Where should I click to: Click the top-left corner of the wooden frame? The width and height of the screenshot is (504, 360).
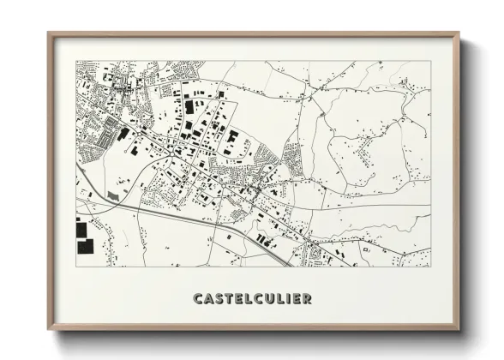[49, 34]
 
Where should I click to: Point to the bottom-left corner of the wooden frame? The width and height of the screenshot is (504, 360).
[49, 328]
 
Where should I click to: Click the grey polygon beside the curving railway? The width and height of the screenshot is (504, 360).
[113, 196]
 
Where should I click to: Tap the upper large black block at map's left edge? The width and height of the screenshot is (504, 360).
[81, 230]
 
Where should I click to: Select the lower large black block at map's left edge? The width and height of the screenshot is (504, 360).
[85, 247]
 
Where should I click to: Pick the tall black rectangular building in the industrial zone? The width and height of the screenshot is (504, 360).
[189, 108]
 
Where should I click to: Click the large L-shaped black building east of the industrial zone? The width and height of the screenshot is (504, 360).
[232, 136]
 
